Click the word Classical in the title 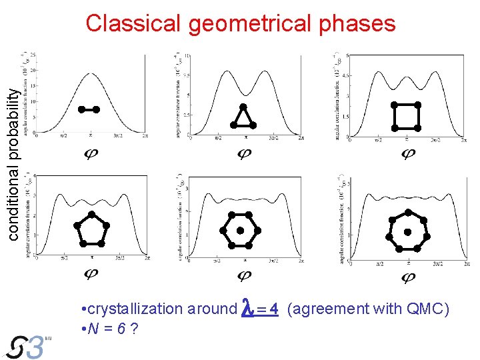[x=134, y=23]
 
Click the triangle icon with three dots [x=243, y=117]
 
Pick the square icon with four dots [x=405, y=116]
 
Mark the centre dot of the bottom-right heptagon [x=407, y=233]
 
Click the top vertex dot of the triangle [x=243, y=107]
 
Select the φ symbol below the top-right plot [x=407, y=154]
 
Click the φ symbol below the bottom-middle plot [x=244, y=274]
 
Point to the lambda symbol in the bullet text [x=247, y=308]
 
